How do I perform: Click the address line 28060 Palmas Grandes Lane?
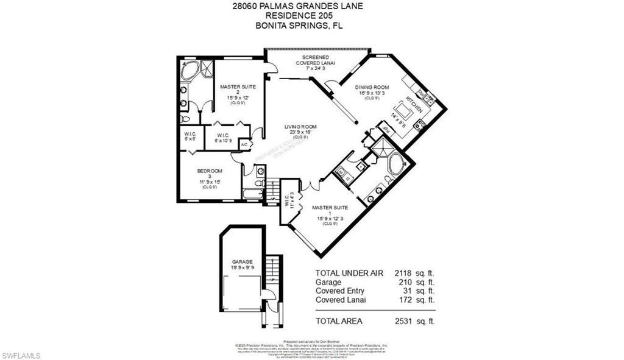tap(311, 7)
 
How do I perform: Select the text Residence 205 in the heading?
tap(311, 16)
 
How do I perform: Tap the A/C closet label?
tap(244, 145)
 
